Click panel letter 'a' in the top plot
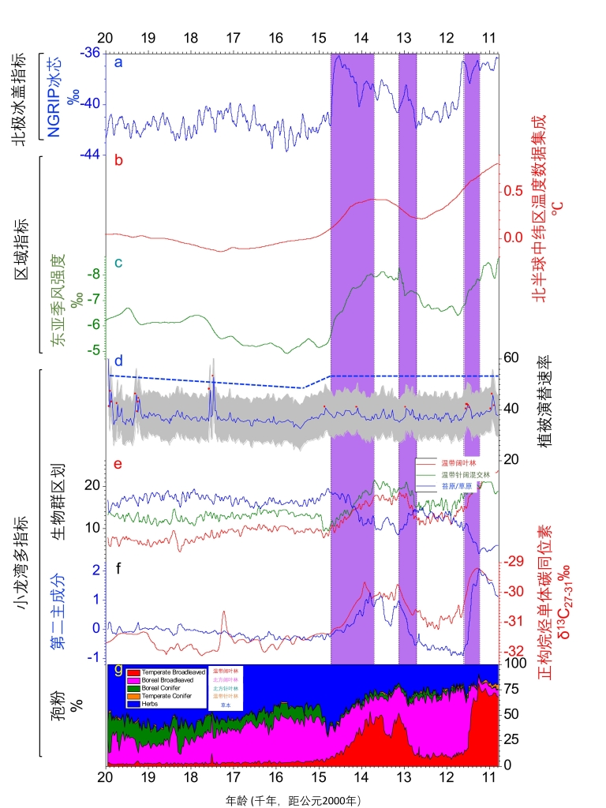click(x=118, y=62)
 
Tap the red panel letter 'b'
click(x=118, y=161)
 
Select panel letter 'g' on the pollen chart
click(x=118, y=670)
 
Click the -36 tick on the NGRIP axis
click(x=90, y=53)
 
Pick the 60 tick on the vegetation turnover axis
click(x=511, y=357)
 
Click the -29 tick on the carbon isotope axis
click(x=514, y=562)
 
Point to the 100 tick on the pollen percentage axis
click(x=514, y=664)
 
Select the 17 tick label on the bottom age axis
click(x=233, y=778)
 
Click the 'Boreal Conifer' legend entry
click(x=159, y=688)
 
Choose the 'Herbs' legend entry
click(x=147, y=703)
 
